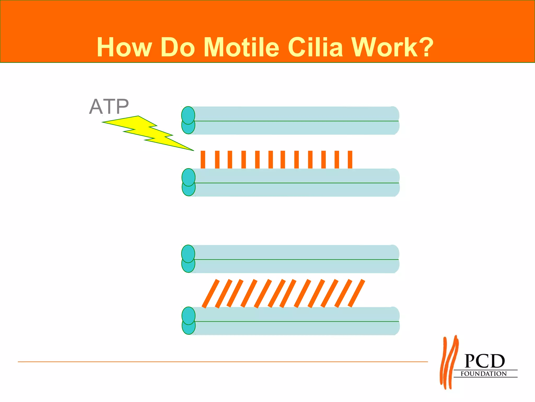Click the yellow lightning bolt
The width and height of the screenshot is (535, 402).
point(146,132)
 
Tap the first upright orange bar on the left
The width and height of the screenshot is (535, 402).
point(203,159)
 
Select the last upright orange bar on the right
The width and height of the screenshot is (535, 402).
point(350,159)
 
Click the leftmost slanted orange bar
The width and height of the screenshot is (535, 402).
point(211,293)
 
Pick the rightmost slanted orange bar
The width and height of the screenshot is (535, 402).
point(356,293)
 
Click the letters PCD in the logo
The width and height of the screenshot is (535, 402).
point(485,361)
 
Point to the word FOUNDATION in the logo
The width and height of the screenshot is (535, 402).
point(484,374)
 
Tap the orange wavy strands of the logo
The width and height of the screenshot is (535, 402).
point(449,362)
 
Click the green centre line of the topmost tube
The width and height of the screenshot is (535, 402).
point(295,121)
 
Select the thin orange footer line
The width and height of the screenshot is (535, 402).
point(222,362)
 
